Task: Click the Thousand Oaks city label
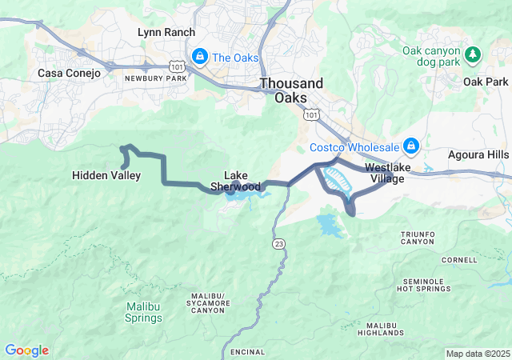coord(292,90)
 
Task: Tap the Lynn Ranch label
coord(167,33)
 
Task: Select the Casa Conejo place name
coord(70,73)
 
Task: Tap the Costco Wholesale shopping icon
coord(411,146)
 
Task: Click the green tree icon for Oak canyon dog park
coord(474,54)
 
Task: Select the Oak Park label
coord(485,82)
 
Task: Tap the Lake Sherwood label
coord(236,181)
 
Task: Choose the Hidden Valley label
coord(106,175)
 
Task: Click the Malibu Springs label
coord(144,312)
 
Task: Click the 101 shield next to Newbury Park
coord(177,65)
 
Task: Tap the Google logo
coord(26,350)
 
